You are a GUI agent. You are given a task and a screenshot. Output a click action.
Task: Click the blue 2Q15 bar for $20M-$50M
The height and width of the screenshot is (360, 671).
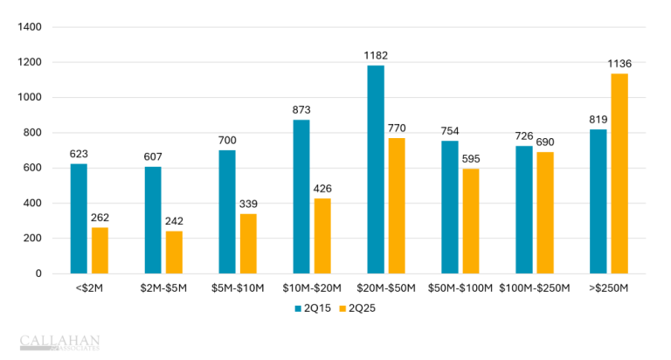(376, 170)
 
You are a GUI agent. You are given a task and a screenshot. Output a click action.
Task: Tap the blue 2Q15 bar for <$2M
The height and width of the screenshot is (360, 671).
(79, 218)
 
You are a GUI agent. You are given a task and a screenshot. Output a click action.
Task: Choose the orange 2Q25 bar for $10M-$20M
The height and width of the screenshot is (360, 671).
(322, 236)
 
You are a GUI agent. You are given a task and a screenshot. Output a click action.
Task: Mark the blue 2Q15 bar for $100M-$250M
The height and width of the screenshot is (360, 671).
(524, 210)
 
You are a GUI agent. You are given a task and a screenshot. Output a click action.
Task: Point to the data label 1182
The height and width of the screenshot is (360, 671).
(376, 56)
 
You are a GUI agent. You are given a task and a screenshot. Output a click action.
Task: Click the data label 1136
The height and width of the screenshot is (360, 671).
(619, 64)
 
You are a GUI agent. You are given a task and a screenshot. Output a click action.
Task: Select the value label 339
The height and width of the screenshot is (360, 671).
(248, 204)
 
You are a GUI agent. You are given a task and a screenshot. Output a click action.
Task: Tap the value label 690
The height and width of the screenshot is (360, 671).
(545, 142)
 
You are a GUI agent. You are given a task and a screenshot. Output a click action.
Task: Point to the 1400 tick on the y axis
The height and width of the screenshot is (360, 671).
(30, 27)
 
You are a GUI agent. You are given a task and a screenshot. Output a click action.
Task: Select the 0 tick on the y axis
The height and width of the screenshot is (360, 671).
(38, 273)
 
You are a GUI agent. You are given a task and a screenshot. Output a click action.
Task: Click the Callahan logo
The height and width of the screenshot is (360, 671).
(59, 341)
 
